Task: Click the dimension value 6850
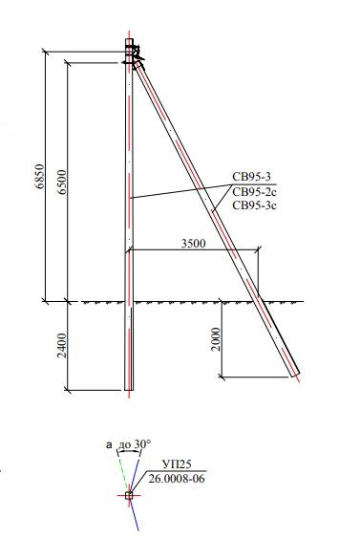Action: pos(40,176)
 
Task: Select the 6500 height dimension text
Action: pos(62,182)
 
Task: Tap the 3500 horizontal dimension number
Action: pos(194,244)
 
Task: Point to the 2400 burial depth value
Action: pos(62,345)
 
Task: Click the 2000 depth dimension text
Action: pos(216,339)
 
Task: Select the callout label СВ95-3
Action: pos(251,177)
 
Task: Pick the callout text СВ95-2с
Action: pos(254,192)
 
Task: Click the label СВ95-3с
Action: pos(254,205)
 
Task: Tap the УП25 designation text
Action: pos(177,463)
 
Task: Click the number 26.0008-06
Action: pos(177,478)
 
